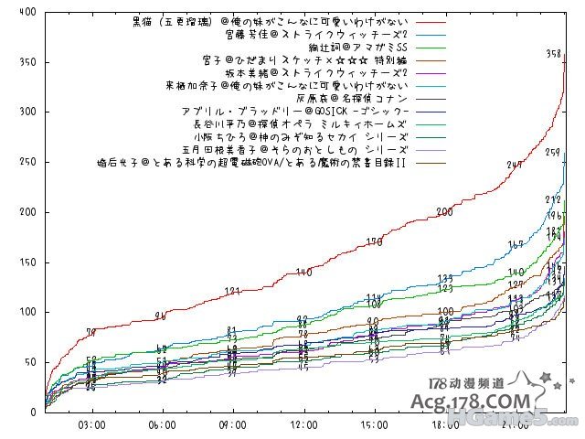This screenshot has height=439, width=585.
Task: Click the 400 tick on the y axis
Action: click(27, 12)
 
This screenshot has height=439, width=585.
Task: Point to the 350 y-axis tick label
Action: click(27, 62)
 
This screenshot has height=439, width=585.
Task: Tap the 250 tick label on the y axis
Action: click(27, 162)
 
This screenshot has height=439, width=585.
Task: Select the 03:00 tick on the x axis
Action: click(91, 424)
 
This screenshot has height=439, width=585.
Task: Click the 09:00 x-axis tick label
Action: click(233, 424)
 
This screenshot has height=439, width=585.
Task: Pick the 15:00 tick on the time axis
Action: click(374, 424)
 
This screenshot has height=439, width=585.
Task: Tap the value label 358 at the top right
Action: click(553, 55)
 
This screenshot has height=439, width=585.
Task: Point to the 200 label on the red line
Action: click(445, 211)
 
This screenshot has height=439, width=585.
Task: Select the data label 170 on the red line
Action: click(374, 241)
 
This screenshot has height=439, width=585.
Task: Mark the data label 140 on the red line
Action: click(303, 273)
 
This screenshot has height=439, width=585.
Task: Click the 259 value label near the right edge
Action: click(553, 153)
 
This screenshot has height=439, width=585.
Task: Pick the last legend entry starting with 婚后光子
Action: click(251, 163)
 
